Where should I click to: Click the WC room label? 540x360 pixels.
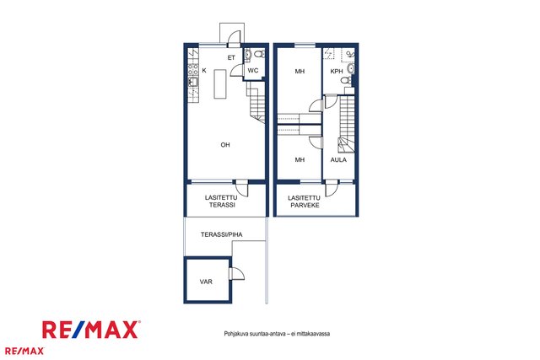253,71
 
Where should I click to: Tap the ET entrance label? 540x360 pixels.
231,58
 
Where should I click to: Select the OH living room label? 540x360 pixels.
225,145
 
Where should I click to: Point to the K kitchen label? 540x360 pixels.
204,71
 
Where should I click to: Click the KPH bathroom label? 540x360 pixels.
337,72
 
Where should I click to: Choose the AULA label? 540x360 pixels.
338,159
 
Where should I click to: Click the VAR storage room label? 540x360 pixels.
206,282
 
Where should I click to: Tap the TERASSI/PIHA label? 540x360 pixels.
221,234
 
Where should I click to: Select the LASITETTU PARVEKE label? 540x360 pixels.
305,201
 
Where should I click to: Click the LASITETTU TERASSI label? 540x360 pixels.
221,201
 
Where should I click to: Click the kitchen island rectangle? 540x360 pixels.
220,84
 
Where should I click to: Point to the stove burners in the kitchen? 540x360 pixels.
193,69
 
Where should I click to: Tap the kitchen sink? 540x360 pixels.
193,82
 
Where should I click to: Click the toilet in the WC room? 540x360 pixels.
260,54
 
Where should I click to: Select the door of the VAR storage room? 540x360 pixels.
236,274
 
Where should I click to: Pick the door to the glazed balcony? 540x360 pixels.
332,188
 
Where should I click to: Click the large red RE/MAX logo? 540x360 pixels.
91,330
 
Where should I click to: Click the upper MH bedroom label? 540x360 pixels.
300,72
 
